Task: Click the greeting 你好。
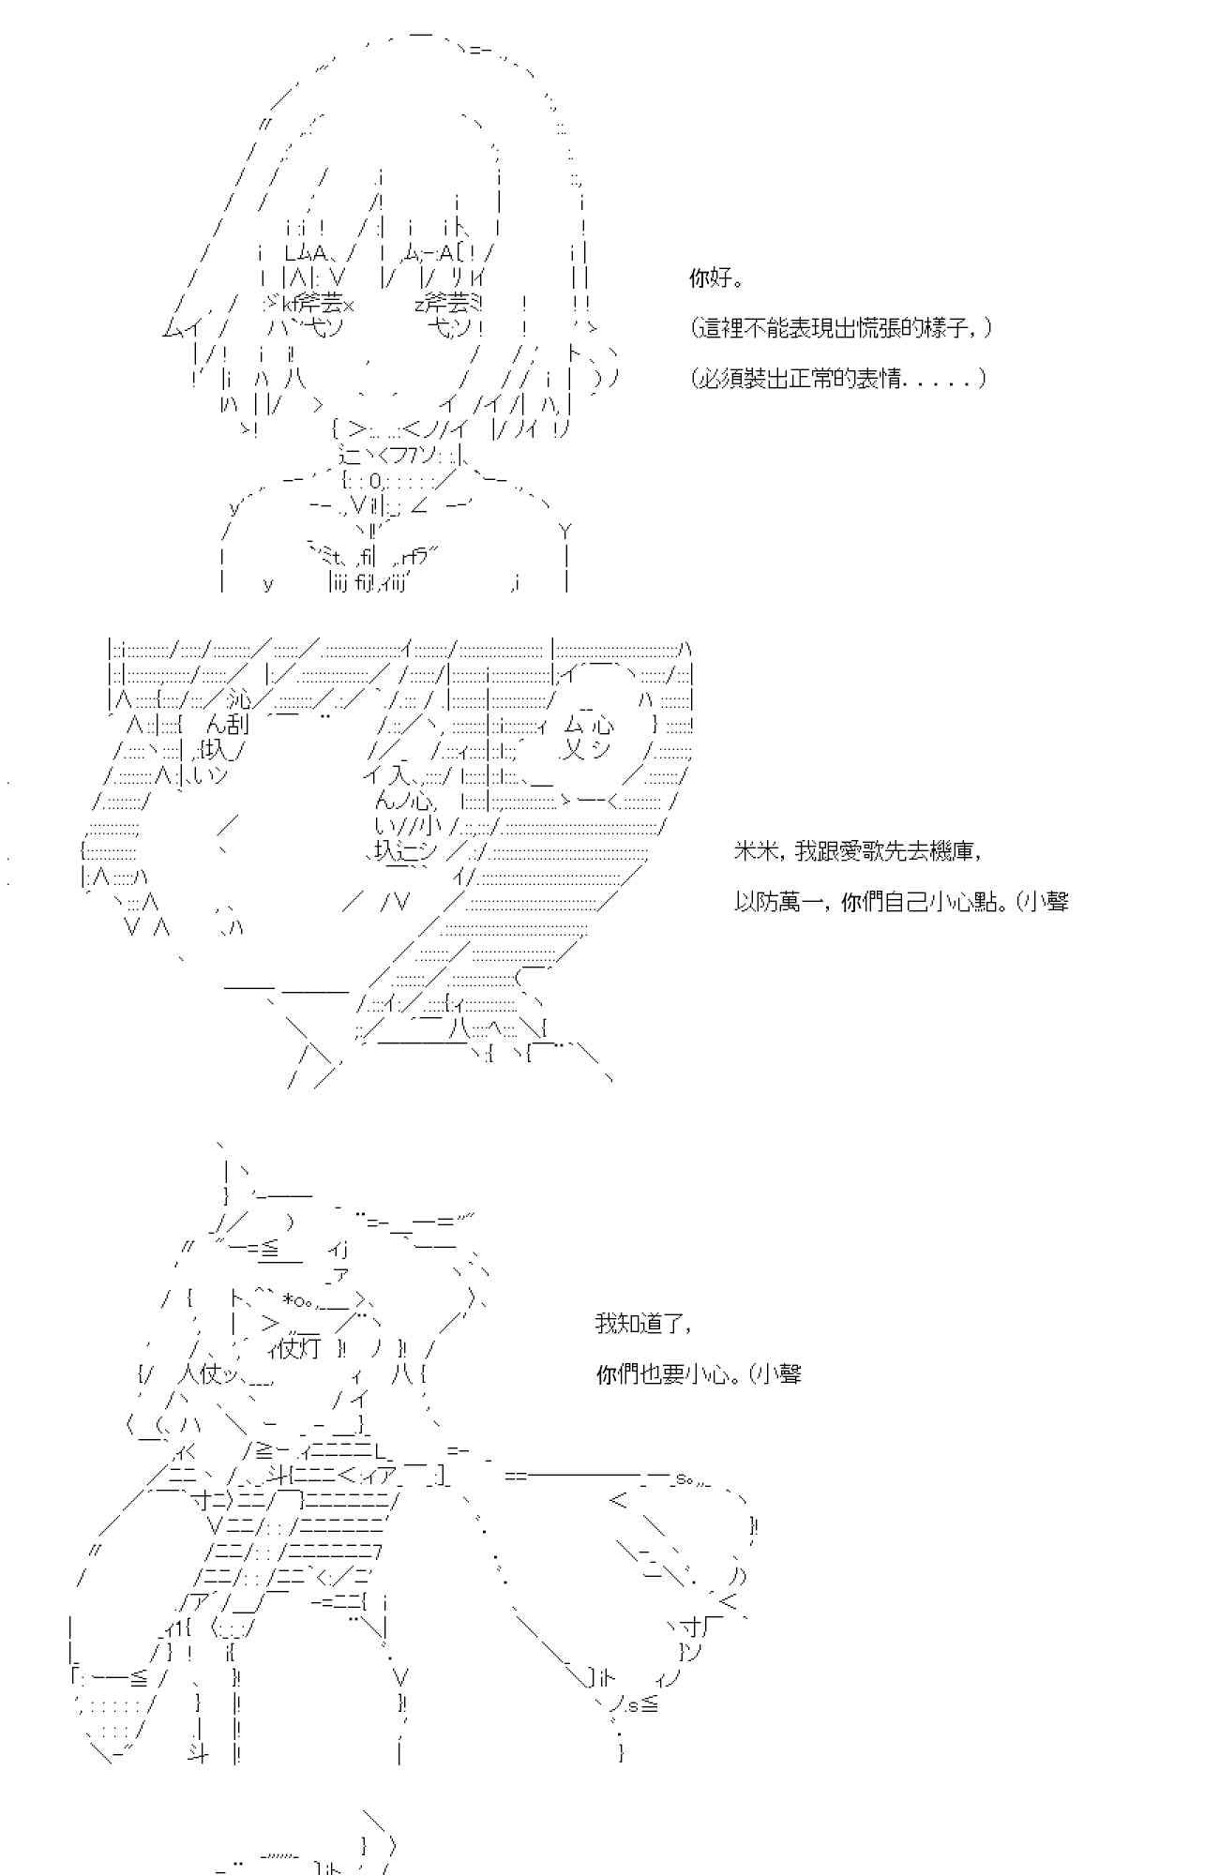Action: point(716,278)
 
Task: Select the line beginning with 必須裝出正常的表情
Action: point(838,379)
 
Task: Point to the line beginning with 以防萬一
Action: point(900,902)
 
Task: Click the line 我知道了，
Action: point(644,1324)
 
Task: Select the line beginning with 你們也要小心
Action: point(699,1374)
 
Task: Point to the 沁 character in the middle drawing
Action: point(239,699)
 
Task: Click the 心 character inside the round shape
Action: point(602,725)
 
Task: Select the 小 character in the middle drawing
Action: point(430,826)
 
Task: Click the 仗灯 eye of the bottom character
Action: point(300,1349)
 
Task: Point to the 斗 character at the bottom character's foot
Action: point(198,1751)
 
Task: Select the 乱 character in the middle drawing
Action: point(236,725)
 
